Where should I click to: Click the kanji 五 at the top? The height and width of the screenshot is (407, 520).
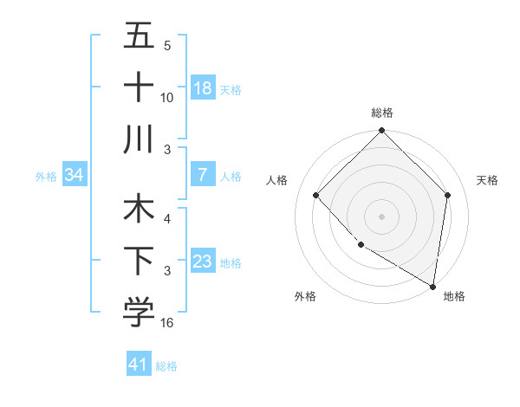pyautogui.click(x=139, y=36)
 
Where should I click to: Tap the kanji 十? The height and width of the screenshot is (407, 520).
pyautogui.click(x=139, y=87)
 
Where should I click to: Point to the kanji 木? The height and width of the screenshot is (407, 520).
pyautogui.click(x=139, y=210)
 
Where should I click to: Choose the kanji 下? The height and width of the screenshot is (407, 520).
pyautogui.click(x=139, y=262)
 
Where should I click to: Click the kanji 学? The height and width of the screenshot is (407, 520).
pyautogui.click(x=139, y=313)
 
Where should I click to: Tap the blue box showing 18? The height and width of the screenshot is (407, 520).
pyautogui.click(x=203, y=88)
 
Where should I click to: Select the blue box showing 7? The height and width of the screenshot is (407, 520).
pyautogui.click(x=203, y=175)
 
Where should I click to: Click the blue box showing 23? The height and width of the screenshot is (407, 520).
pyautogui.click(x=203, y=262)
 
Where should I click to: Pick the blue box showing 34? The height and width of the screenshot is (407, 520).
pyautogui.click(x=74, y=175)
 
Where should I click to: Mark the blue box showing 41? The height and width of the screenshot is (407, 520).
pyautogui.click(x=139, y=365)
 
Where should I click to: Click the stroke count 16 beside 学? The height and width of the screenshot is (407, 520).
pyautogui.click(x=167, y=323)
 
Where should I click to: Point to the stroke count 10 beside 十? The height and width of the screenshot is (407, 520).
pyautogui.click(x=167, y=97)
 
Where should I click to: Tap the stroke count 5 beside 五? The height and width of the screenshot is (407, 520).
pyautogui.click(x=167, y=46)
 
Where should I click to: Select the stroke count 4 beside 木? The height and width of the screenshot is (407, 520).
pyautogui.click(x=167, y=220)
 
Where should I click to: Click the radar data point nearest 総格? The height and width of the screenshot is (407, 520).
pyautogui.click(x=381, y=132)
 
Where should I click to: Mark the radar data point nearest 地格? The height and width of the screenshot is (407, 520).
pyautogui.click(x=432, y=286)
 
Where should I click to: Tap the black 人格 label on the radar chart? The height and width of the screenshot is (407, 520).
pyautogui.click(x=278, y=180)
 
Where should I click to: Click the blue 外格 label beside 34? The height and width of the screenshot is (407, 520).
pyautogui.click(x=46, y=176)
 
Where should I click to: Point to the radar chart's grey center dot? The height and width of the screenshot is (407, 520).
pyautogui.click(x=381, y=216)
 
